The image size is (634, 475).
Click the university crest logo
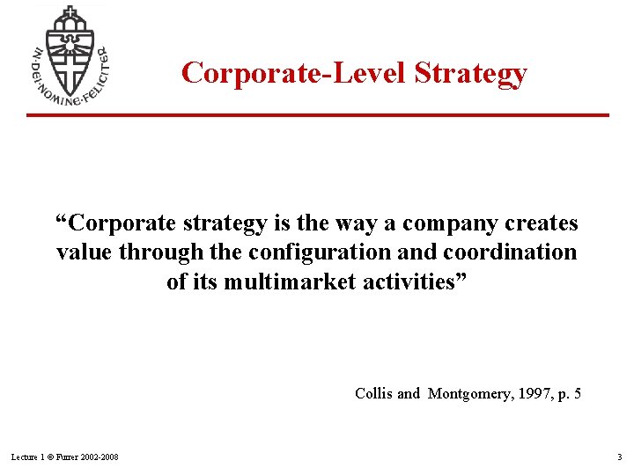pos(69,55)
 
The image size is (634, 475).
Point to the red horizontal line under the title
pos(317,115)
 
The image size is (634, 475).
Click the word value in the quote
pos(85,252)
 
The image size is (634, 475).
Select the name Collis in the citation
pos(373,393)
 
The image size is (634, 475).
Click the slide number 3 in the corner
pos(619,457)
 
